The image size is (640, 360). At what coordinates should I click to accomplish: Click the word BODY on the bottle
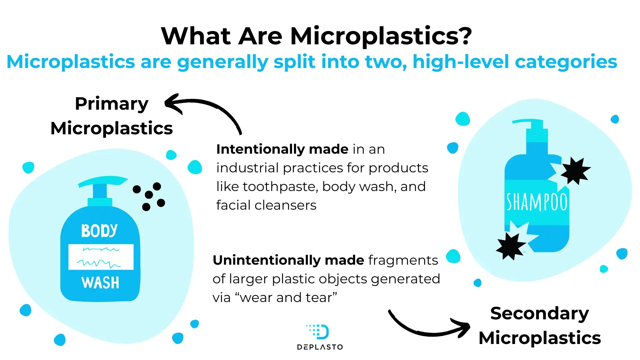tap(99, 231)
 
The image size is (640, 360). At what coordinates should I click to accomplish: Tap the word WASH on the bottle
tap(100, 283)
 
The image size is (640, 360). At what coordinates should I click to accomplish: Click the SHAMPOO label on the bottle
tap(537, 202)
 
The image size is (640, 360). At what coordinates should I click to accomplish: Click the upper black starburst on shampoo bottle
tap(575, 171)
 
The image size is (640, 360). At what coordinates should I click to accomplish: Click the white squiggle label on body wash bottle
tap(101, 257)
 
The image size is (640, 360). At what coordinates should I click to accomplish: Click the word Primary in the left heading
tap(112, 104)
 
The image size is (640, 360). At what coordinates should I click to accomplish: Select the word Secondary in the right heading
tap(540, 314)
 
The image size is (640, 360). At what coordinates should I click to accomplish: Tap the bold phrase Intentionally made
tap(282, 149)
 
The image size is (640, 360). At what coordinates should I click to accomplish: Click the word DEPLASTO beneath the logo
tap(320, 347)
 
